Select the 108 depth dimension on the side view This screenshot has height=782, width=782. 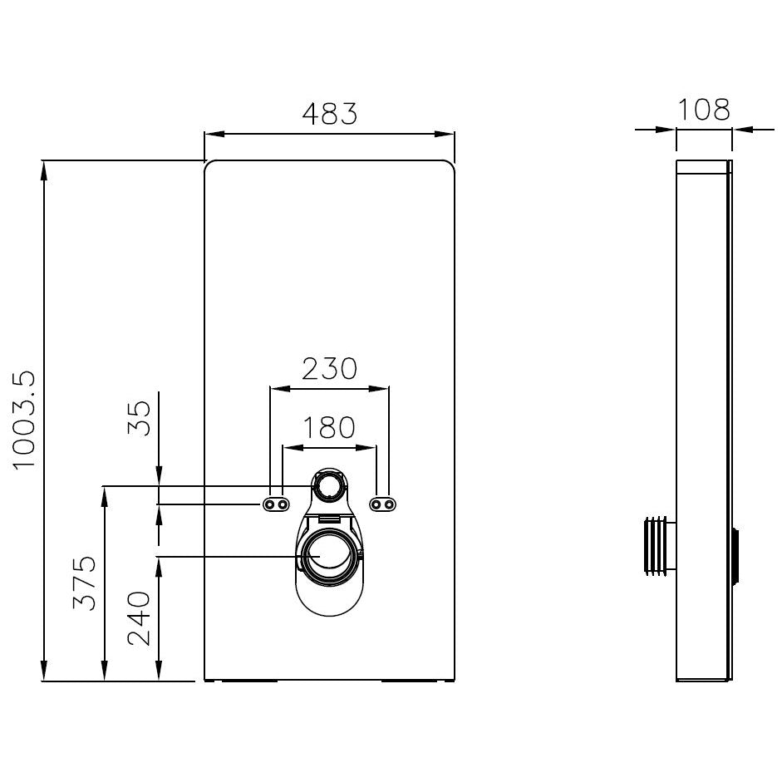point(703,109)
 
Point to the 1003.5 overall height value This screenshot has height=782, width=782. point(25,420)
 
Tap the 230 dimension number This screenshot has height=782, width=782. point(329,368)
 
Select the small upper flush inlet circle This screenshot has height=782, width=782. point(329,485)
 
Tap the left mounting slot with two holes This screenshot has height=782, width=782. point(276,504)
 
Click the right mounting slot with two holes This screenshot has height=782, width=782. point(382,504)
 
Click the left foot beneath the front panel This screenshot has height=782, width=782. point(249,681)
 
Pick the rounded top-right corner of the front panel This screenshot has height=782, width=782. point(449,165)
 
